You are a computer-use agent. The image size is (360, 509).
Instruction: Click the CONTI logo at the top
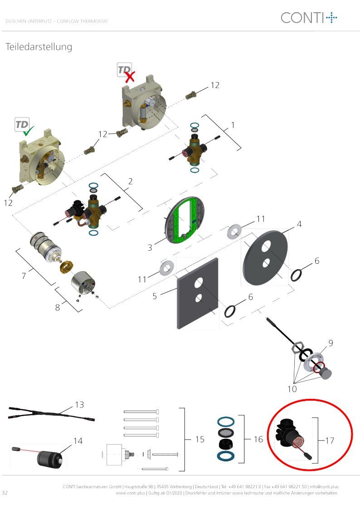pyautogui.click(x=309, y=18)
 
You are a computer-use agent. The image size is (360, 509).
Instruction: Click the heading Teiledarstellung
pyautogui.click(x=39, y=47)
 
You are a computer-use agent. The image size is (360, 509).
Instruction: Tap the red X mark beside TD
pyautogui.click(x=130, y=77)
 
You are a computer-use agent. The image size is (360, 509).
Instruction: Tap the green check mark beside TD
pyautogui.click(x=28, y=131)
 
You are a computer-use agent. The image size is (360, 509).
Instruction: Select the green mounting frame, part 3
pyautogui.click(x=185, y=219)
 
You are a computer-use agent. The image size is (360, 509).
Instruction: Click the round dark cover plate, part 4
pyautogui.click(x=265, y=258)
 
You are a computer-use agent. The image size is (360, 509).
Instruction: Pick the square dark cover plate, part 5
pyautogui.click(x=197, y=293)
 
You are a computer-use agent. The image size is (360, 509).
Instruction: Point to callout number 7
pyautogui.click(x=24, y=276)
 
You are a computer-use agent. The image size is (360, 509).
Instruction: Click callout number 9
pyautogui.click(x=331, y=343)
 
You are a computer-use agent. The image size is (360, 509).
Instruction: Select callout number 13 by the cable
pyautogui.click(x=79, y=405)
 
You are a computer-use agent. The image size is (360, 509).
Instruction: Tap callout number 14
pyautogui.click(x=78, y=441)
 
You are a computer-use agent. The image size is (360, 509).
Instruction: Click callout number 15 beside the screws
pyautogui.click(x=199, y=439)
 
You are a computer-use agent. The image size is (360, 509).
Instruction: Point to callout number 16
pyautogui.click(x=258, y=439)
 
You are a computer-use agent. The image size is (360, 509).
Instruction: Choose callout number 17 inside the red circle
pyautogui.click(x=330, y=441)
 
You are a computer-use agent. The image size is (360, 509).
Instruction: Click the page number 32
pyautogui.click(x=5, y=493)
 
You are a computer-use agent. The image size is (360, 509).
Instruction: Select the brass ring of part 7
pyautogui.click(x=66, y=267)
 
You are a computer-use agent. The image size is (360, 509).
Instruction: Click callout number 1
pyautogui.click(x=233, y=125)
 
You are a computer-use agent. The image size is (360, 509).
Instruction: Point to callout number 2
pyautogui.click(x=130, y=181)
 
